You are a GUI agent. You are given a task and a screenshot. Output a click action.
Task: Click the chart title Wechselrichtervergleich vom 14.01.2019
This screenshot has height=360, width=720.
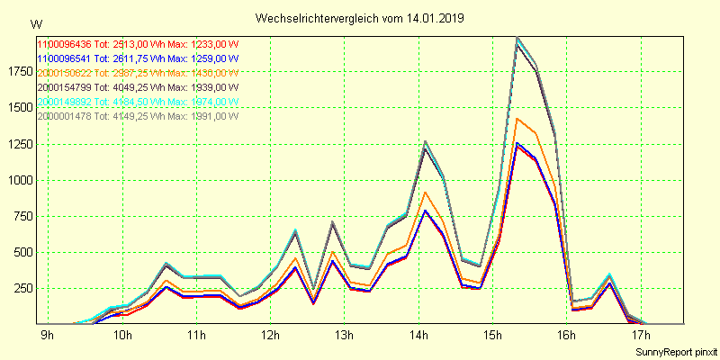[360, 18]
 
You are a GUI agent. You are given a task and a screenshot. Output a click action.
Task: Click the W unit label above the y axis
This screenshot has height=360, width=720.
[35, 23]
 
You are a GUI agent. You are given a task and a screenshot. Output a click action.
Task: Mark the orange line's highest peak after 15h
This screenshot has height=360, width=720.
[517, 118]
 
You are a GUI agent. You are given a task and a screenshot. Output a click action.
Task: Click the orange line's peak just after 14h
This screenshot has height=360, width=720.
[425, 192]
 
